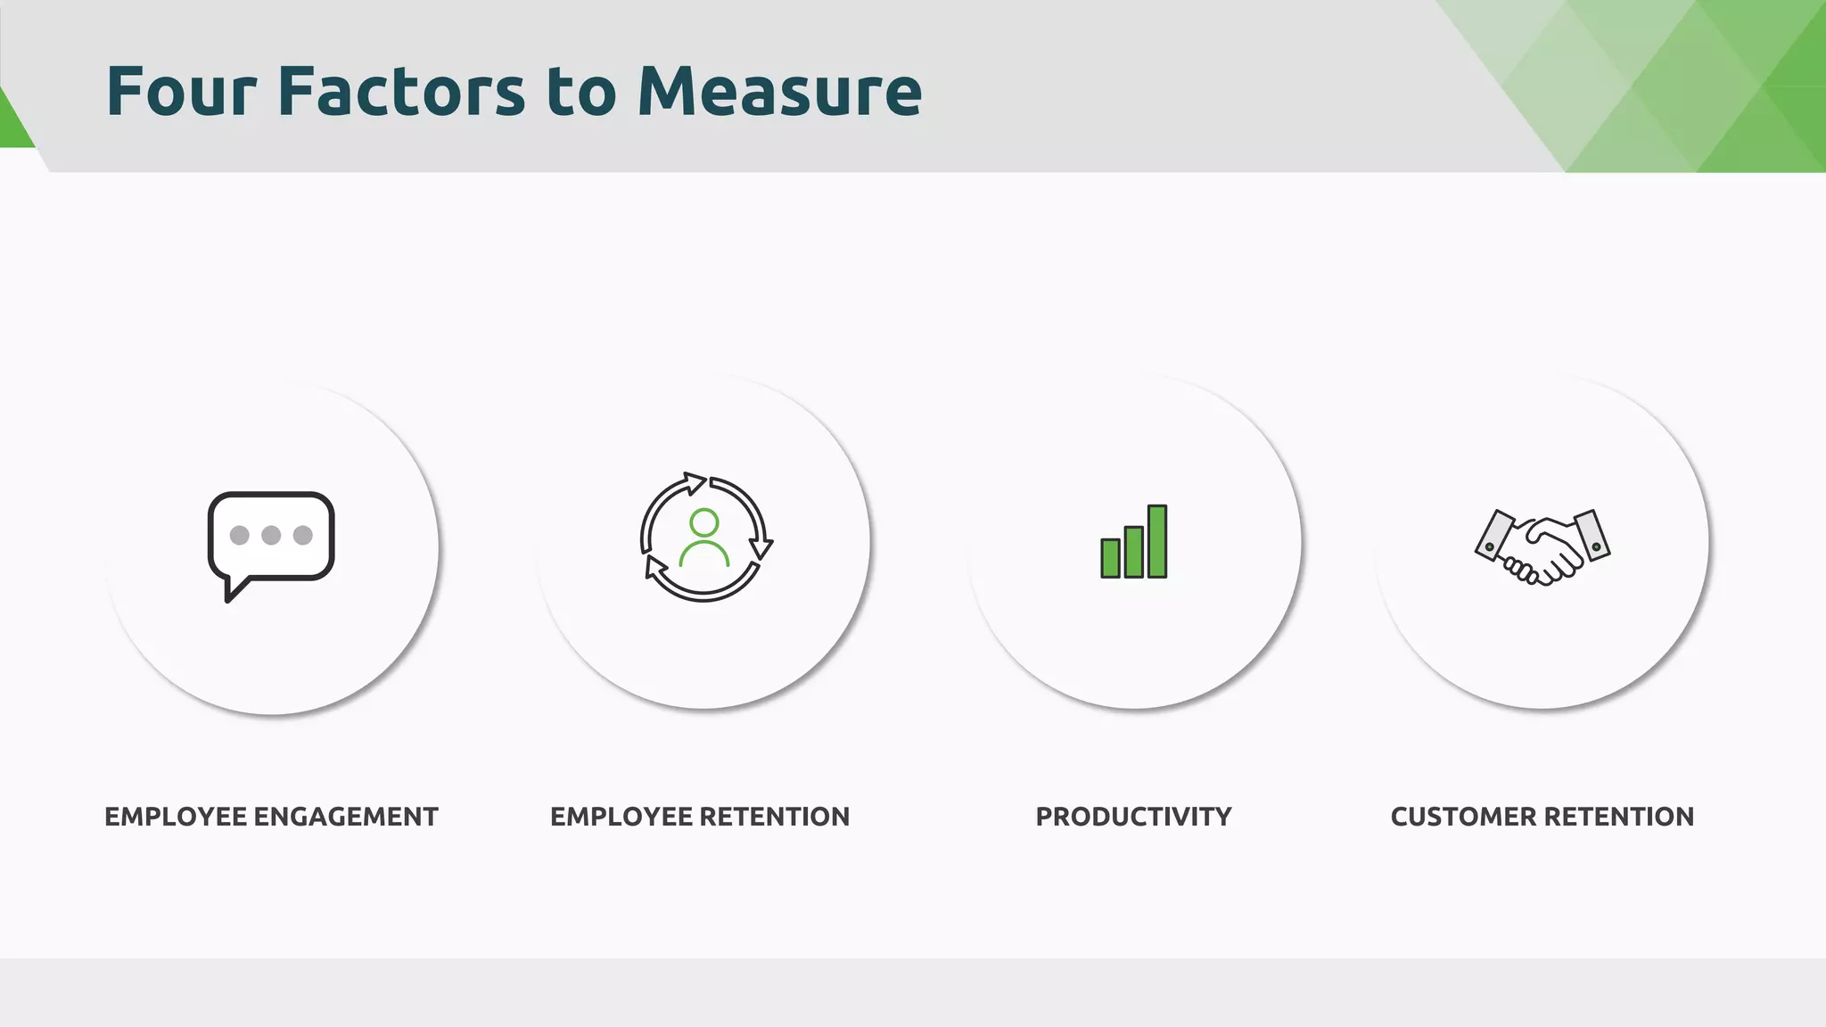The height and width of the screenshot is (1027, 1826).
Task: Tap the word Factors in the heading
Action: point(401,91)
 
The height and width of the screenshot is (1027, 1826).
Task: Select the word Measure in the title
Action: point(779,91)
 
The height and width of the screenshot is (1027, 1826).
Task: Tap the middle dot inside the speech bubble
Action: point(271,535)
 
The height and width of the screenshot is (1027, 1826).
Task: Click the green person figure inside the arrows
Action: point(704,538)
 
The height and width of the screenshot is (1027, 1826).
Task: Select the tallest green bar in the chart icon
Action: point(1157,541)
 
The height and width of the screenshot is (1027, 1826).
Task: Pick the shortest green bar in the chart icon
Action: point(1110,558)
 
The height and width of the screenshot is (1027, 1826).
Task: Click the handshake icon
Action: point(1542,546)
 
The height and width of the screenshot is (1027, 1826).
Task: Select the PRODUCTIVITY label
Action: point(1133,817)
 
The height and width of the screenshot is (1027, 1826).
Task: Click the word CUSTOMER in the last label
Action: point(1463,817)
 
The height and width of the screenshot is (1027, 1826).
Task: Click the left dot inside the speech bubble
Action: point(239,535)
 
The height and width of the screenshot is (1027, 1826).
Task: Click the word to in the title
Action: point(580,91)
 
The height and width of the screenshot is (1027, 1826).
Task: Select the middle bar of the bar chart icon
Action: point(1133,552)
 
